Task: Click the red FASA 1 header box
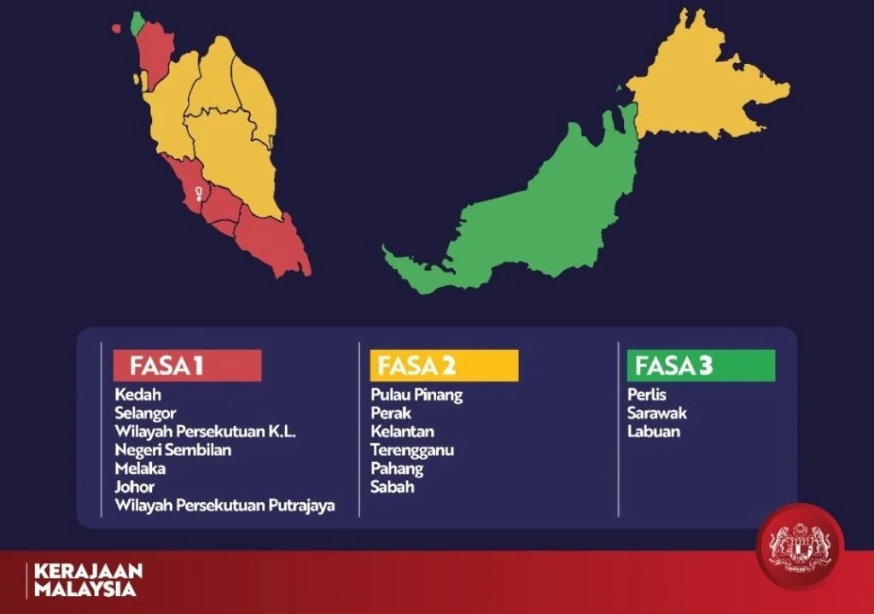point(187,365)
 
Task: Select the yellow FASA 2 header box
point(444,365)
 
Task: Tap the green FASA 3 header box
point(702,365)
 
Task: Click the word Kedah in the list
point(137,395)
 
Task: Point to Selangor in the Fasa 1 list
point(145,413)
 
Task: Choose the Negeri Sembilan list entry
point(172,450)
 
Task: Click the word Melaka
point(140,469)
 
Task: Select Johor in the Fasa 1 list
point(134,487)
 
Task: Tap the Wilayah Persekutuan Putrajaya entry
point(224,506)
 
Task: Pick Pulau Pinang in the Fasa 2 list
point(417,395)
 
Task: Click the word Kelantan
point(403,431)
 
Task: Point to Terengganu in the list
point(412,450)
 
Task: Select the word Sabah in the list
point(393,487)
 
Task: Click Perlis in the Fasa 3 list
point(647,395)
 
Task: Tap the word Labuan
point(654,431)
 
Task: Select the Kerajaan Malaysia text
point(88,580)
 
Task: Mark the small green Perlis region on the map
point(137,24)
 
